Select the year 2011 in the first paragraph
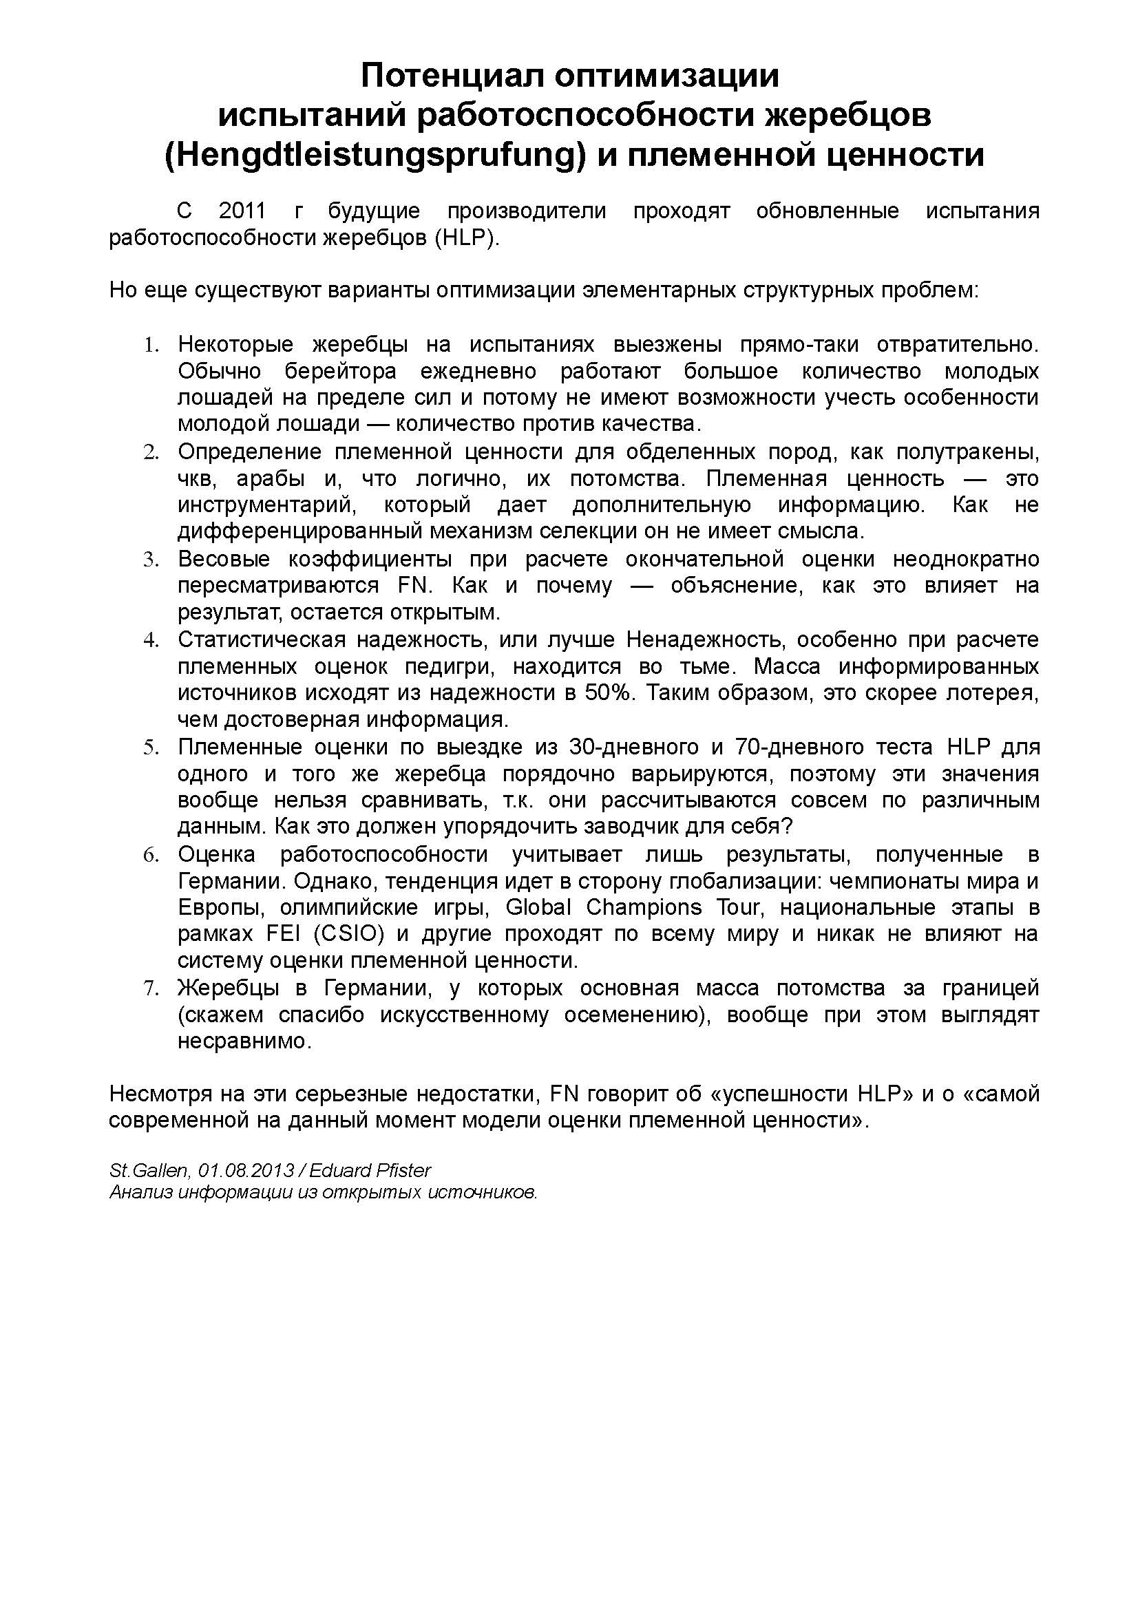pyautogui.click(x=242, y=211)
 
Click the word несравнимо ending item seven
pyautogui.click(x=243, y=1041)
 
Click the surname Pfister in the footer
pyautogui.click(x=405, y=1170)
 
